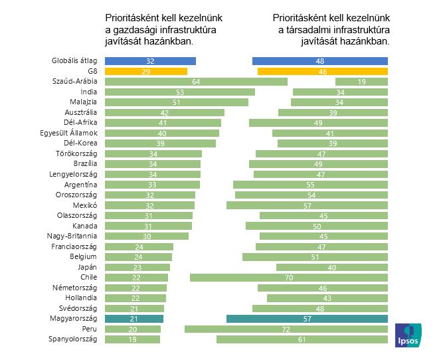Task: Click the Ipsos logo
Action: tap(407, 336)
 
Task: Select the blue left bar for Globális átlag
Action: tap(150, 61)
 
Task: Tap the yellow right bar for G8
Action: tap(322, 71)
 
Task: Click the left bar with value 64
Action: tap(196, 82)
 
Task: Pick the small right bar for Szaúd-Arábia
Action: tap(361, 82)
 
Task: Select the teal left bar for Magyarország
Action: tap(134, 319)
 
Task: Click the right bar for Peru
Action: tap(286, 329)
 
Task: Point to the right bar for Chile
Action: tap(288, 278)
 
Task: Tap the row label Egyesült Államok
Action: tap(69, 133)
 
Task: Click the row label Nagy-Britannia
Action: tap(72, 236)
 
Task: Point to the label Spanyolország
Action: tap(73, 339)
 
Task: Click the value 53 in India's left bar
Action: tap(179, 92)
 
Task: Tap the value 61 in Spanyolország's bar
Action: tap(302, 339)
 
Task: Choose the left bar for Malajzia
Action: tap(176, 102)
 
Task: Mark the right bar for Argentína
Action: tap(310, 185)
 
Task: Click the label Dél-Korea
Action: tap(80, 143)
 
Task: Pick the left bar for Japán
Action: tap(137, 267)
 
